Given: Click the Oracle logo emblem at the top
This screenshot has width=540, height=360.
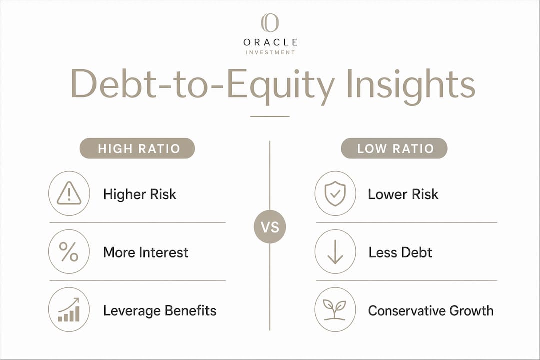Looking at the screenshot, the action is click(270, 22).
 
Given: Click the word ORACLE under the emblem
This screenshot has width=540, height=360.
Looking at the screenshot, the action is click(270, 42).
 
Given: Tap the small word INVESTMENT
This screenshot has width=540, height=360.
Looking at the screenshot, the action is click(270, 52).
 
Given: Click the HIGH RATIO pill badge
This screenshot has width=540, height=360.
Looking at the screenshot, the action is click(137, 148).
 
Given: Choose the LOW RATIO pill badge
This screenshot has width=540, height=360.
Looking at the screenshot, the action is click(394, 148).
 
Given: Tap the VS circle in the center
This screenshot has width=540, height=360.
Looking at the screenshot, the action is click(270, 227).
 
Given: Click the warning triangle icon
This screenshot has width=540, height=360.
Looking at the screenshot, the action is click(69, 193).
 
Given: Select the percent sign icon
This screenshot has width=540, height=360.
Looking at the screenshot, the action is click(69, 252).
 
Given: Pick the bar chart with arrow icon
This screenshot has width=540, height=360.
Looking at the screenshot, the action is click(69, 309).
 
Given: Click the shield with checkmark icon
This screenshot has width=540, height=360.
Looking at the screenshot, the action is click(335, 194).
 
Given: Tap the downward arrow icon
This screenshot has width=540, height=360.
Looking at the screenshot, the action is click(335, 252).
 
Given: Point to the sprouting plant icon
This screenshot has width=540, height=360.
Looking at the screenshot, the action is click(334, 310).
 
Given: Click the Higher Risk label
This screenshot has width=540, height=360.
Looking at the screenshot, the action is click(140, 194).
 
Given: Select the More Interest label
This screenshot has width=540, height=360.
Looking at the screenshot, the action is click(146, 252).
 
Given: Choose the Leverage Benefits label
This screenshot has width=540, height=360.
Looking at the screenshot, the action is click(160, 310).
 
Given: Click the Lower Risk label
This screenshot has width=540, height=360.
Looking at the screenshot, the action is click(403, 194).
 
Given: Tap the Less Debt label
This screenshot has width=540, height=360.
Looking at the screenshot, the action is click(400, 252).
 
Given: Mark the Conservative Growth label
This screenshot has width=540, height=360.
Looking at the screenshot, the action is click(431, 310).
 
